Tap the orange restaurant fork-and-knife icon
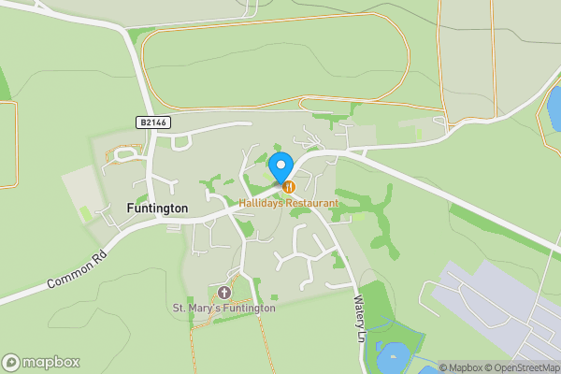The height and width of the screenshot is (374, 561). tap(289, 187)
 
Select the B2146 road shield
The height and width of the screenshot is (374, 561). tap(152, 122)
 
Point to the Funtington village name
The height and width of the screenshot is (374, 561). tap(157, 208)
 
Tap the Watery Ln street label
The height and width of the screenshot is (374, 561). tap(357, 318)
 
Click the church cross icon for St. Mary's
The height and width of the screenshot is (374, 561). tap(223, 294)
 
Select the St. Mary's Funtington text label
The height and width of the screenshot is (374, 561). tap(224, 308)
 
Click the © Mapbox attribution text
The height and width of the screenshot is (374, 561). tap(462, 367)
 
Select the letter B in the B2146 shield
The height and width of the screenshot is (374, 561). tap(141, 122)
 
